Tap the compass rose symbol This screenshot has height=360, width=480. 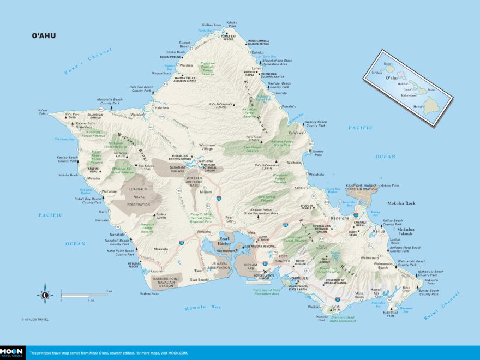[45, 295]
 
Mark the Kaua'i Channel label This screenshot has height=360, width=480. [87, 61]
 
